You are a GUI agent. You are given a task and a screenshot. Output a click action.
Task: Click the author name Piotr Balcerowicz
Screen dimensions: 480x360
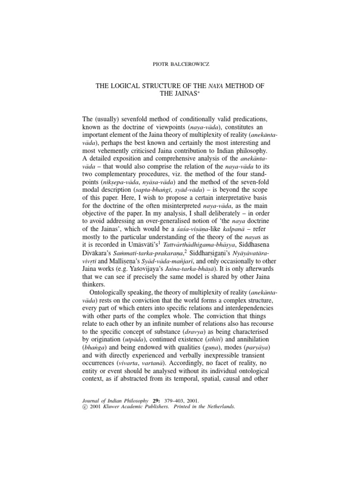click(180, 62)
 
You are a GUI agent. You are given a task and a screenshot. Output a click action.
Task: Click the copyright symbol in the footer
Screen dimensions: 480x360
click(85, 407)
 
